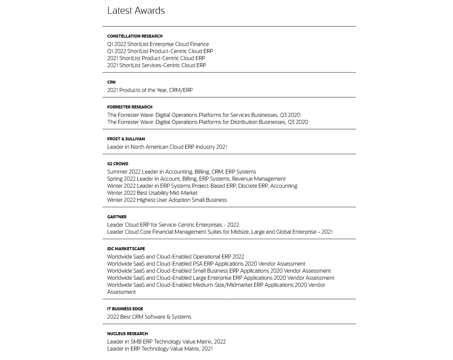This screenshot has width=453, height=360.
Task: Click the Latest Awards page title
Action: (136, 11)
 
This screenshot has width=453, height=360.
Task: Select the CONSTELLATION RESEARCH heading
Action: (135, 36)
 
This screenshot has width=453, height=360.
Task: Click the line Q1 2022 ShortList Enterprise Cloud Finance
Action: (158, 44)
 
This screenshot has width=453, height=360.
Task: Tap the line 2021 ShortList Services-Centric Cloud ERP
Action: (156, 65)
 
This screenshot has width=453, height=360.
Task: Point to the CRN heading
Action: (111, 82)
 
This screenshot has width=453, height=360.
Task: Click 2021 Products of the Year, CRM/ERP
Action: (150, 90)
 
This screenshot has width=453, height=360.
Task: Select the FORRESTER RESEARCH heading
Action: (130, 107)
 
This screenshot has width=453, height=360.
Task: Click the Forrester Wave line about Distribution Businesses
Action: (207, 122)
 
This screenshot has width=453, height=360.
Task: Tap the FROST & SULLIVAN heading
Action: (126, 139)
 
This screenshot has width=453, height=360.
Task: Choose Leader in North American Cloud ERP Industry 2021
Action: (167, 147)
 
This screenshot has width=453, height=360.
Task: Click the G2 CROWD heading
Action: (118, 164)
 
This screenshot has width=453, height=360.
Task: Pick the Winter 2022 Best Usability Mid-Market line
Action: (152, 193)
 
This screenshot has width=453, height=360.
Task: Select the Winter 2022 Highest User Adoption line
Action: (167, 200)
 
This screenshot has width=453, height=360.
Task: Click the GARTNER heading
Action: (117, 217)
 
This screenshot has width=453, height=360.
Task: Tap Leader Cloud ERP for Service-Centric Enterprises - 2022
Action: (173, 225)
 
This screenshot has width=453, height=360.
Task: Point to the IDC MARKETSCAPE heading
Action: (126, 249)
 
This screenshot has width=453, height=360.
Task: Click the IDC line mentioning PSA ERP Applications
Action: (206, 264)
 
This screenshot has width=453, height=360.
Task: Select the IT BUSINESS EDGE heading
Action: (125, 309)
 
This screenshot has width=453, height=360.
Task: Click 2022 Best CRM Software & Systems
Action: (149, 317)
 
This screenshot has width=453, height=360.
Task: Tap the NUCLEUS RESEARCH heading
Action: (127, 334)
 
